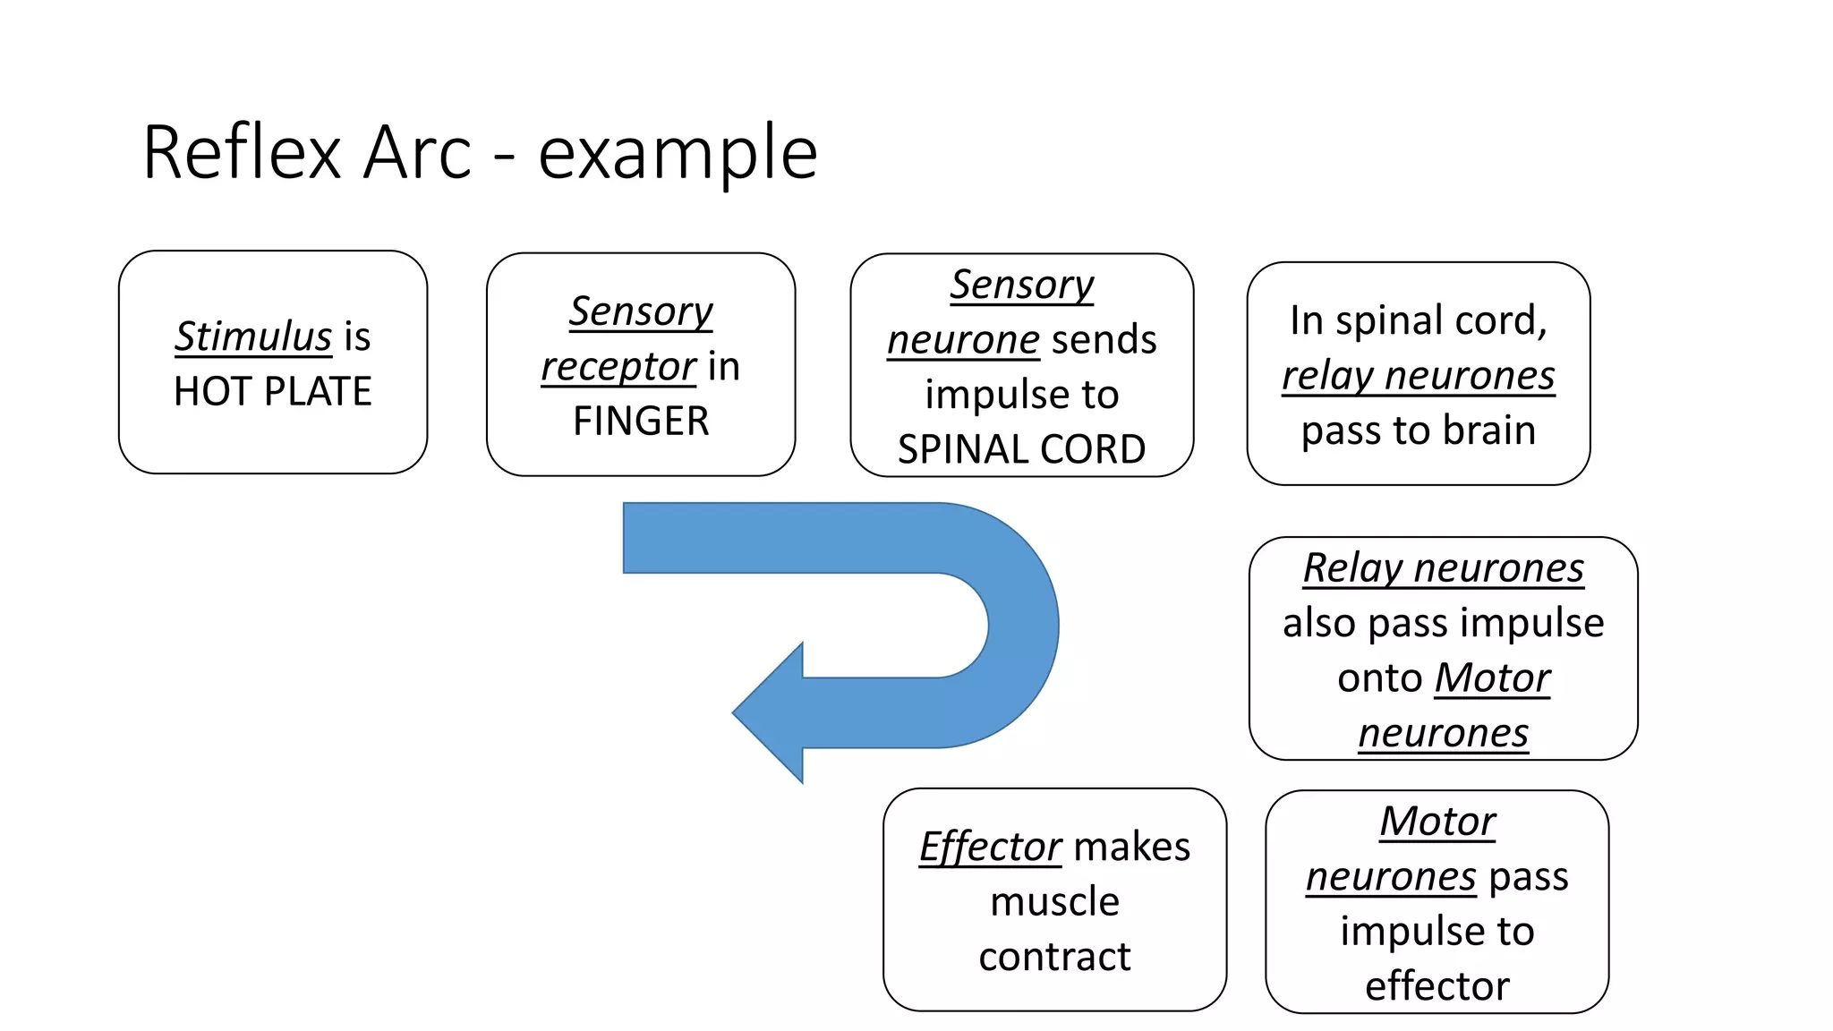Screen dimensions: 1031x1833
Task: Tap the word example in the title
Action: coord(678,153)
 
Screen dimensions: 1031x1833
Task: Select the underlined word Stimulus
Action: coord(253,337)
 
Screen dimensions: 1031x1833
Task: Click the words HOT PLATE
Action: coord(273,392)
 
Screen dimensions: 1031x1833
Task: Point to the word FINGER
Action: coord(641,421)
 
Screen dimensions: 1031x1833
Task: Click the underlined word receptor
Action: coord(618,366)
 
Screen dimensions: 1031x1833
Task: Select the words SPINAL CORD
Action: coord(1021,449)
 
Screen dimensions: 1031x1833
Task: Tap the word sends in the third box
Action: coord(1104,340)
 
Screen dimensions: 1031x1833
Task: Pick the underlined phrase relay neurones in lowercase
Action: coord(1419,376)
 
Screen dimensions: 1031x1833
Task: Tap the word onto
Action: coord(1379,678)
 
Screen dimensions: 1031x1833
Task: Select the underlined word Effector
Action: coord(991,847)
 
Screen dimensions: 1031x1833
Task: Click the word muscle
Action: coord(1054,902)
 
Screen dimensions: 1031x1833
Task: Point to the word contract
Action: coord(1054,957)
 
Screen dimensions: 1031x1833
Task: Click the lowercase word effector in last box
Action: coord(1437,986)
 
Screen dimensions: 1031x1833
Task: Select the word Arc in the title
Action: coord(418,153)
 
